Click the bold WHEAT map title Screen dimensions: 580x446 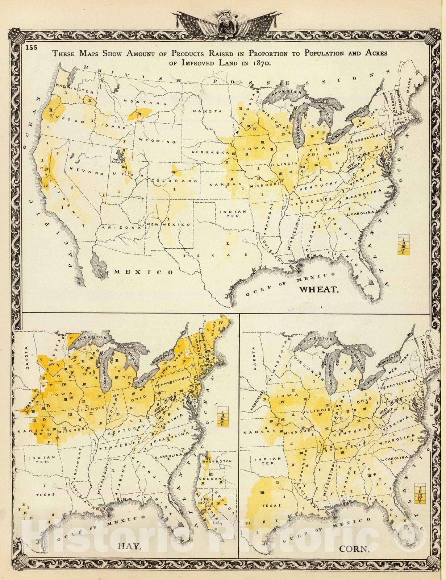(318, 289)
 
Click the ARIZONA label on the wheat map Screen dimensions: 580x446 (116, 228)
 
